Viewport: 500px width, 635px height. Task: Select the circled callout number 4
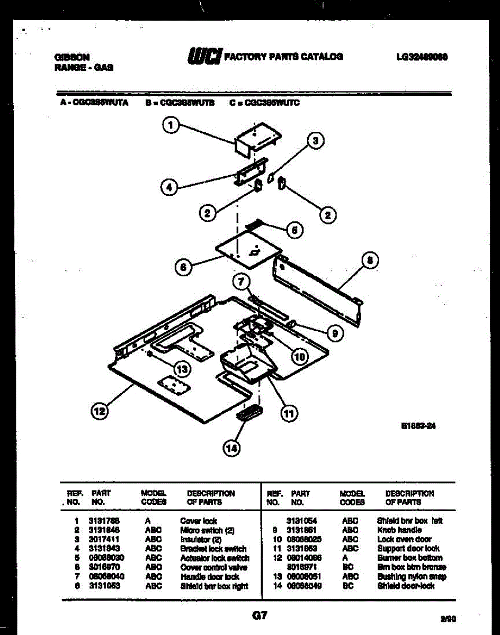(x=168, y=186)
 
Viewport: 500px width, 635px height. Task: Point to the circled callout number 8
(x=370, y=260)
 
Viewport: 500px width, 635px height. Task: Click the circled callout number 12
(x=100, y=411)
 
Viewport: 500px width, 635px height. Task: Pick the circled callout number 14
(x=231, y=449)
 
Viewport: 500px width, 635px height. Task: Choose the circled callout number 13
(x=182, y=369)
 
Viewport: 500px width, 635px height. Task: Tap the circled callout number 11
(x=289, y=413)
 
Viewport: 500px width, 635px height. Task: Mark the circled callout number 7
(x=242, y=282)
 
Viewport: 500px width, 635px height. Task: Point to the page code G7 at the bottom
(x=260, y=616)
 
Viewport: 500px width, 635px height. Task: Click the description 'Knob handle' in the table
(x=399, y=530)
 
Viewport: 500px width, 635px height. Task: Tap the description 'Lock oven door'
(x=404, y=539)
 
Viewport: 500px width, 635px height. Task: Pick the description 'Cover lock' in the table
(x=199, y=521)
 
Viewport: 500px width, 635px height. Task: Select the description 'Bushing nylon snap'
(x=412, y=577)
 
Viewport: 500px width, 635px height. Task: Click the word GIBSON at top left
(x=72, y=57)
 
